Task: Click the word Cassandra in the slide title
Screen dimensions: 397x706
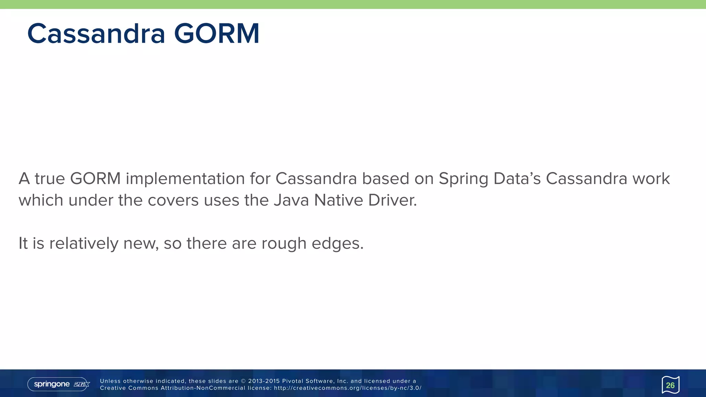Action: pos(96,34)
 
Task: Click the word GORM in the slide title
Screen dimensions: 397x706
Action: pos(216,34)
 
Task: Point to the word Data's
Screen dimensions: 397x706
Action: pos(517,179)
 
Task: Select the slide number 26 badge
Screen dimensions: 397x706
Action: pos(670,385)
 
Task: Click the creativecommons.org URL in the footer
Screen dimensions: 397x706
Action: pos(347,388)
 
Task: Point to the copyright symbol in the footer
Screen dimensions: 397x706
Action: pos(243,381)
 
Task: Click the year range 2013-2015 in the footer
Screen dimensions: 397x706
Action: pos(264,381)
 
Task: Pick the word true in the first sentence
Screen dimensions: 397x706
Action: pos(50,179)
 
